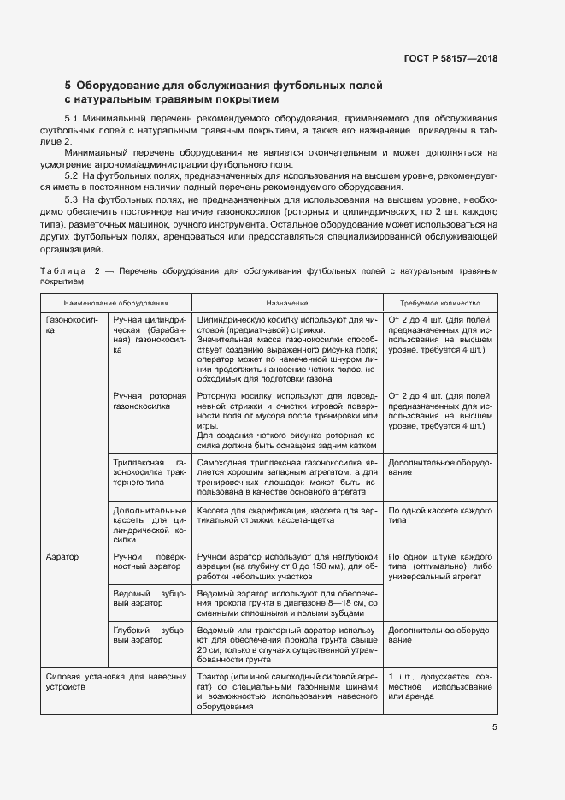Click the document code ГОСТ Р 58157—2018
point(450,58)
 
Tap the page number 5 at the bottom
point(495,727)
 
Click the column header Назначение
point(286,303)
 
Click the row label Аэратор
point(62,556)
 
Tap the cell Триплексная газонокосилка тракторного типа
point(149,471)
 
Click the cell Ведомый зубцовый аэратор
point(149,598)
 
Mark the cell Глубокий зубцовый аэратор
point(149,635)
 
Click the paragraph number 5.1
point(72,116)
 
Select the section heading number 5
point(68,86)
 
